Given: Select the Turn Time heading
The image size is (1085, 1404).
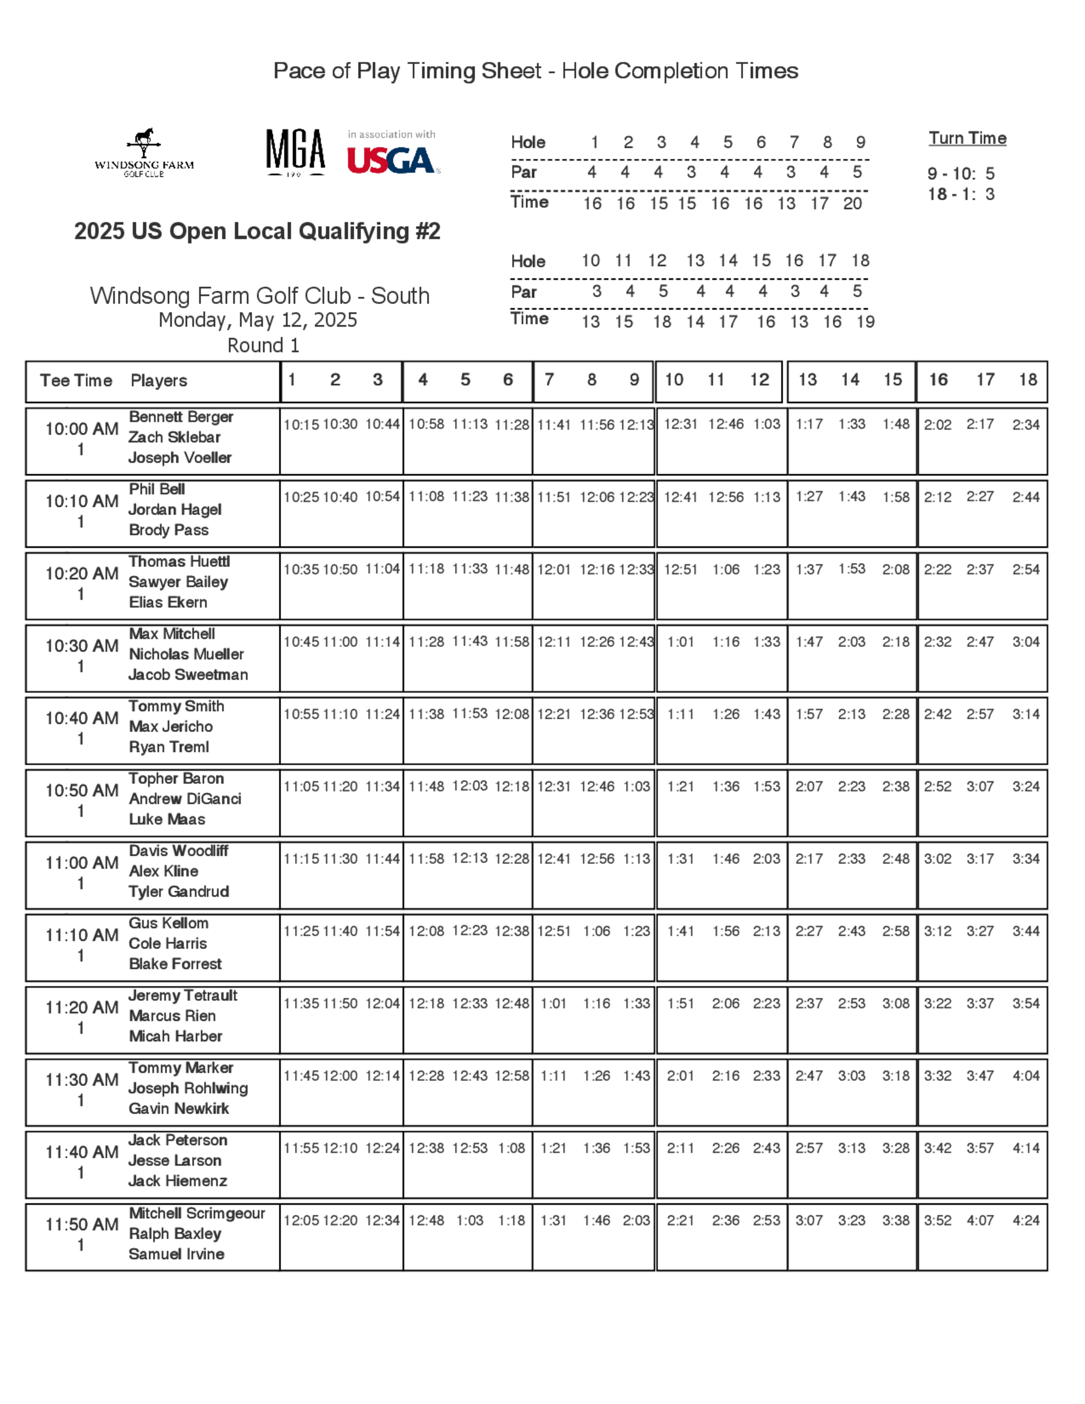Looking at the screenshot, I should pyautogui.click(x=967, y=138).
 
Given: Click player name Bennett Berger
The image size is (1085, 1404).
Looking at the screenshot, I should pyautogui.click(x=181, y=417).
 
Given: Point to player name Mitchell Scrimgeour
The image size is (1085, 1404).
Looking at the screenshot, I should pyautogui.click(x=197, y=1213).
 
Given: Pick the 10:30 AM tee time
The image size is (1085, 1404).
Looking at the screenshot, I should pyautogui.click(x=81, y=646).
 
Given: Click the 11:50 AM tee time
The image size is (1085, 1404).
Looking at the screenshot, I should pyautogui.click(x=81, y=1224).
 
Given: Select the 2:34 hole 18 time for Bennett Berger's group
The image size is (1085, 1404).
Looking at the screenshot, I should pyautogui.click(x=1025, y=424).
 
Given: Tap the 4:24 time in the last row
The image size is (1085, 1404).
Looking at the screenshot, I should pyautogui.click(x=1025, y=1220).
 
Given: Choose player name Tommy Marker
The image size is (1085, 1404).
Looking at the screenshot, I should pyautogui.click(x=181, y=1068).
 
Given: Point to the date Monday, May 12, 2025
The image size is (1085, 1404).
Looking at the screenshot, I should pyautogui.click(x=258, y=320).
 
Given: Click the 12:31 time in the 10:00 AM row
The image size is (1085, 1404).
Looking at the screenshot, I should pyautogui.click(x=680, y=424).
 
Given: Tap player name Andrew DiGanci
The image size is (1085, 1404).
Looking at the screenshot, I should pyautogui.click(x=185, y=799).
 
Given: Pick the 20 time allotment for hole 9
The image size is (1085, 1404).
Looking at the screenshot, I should pyautogui.click(x=852, y=204).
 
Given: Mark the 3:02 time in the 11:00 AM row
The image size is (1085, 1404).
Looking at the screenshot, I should pyautogui.click(x=937, y=858).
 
